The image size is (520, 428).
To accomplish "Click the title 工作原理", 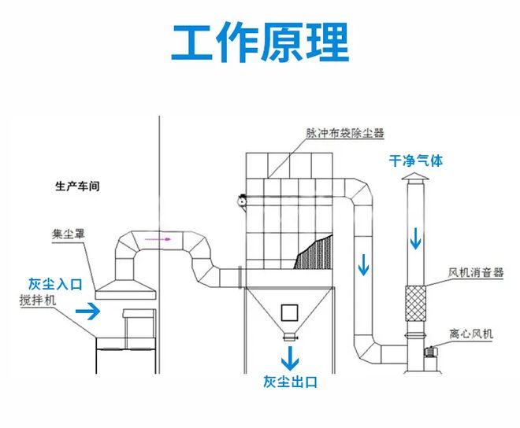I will pos(260,43).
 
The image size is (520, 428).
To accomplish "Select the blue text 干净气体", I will pos(415,160).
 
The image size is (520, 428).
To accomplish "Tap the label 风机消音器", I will pos(475,273).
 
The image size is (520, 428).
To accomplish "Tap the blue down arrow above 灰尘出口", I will pos(291,358).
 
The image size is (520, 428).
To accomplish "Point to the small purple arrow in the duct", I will pos(162,237).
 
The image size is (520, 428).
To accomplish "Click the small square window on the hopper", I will pos(290,311).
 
